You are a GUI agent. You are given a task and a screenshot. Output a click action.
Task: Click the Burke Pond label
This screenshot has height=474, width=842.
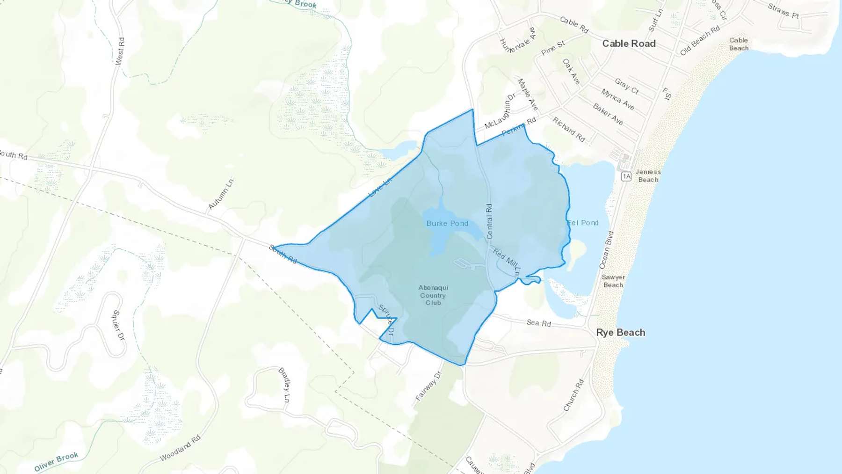tap(447, 223)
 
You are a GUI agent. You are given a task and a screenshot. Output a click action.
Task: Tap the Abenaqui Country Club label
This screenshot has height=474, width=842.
tap(433, 295)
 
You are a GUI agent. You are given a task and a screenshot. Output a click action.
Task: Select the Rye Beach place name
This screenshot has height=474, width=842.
tap(620, 333)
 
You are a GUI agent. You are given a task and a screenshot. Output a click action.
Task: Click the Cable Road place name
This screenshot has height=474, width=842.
tap(629, 44)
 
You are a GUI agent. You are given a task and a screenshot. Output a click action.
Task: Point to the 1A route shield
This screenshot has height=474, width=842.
tap(626, 176)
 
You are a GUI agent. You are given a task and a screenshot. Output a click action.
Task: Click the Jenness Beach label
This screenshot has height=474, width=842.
tap(648, 175)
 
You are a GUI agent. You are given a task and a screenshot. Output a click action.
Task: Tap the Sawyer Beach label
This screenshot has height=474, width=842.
tap(613, 281)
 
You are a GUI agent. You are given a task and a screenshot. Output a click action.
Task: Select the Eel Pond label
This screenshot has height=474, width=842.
tap(583, 223)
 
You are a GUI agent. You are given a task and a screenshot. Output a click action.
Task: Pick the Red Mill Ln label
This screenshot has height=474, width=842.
tap(506, 262)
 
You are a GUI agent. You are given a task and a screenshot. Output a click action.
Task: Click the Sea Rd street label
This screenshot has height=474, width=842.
tap(539, 323)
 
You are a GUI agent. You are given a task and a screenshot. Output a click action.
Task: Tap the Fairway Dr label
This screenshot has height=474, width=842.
tap(428, 386)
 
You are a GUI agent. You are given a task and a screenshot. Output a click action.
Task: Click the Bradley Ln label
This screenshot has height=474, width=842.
tap(284, 385)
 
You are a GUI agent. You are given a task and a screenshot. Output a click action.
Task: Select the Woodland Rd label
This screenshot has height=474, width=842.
tap(180, 448)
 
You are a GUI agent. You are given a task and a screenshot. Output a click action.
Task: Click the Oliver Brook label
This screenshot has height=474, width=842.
tap(56, 462)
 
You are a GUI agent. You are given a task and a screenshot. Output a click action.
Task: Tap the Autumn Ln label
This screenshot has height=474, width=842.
tap(221, 194)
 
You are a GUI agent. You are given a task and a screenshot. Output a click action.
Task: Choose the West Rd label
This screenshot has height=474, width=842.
tap(120, 51)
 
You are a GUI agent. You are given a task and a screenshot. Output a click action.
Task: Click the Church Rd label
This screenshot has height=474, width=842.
tap(573, 395)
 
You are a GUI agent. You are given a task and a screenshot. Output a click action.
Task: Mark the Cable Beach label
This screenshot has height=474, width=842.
tap(739, 44)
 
